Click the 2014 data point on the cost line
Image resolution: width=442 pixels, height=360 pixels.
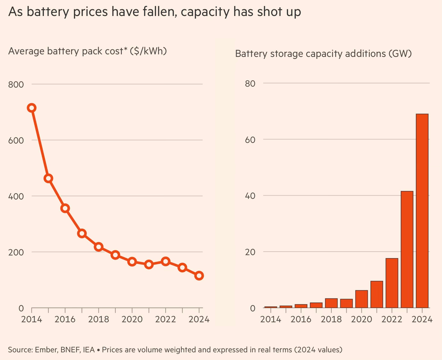coord(31,108)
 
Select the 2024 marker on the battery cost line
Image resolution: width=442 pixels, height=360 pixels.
coord(199,276)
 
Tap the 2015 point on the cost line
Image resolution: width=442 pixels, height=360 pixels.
coord(48,178)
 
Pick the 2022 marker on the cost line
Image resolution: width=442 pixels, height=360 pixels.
coord(165,261)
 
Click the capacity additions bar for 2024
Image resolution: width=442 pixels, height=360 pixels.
coord(422,211)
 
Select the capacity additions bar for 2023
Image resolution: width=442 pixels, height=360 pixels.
coord(407,249)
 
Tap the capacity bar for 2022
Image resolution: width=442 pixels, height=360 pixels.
coord(392,283)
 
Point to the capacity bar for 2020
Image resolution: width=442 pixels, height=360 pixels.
coord(361,299)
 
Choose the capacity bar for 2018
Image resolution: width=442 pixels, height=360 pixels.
coord(331,303)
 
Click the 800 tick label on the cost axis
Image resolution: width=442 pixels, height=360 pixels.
coord(16,84)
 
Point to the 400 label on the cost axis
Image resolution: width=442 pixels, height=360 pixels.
coord(16,196)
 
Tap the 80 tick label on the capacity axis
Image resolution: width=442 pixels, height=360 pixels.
coord(250,83)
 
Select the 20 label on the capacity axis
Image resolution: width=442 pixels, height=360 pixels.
coord(250,252)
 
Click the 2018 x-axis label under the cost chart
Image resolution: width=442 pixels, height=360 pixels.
coord(99,319)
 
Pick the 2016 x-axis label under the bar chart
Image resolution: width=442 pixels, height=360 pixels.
coord(301,319)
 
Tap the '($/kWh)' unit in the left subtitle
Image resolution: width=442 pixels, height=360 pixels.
coord(148,51)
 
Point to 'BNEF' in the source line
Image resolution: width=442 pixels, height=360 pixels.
coord(70,350)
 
